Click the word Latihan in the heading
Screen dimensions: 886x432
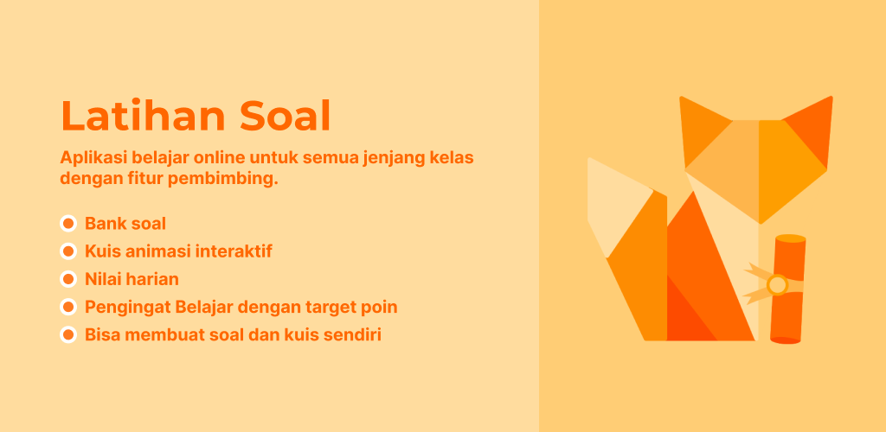click(x=144, y=116)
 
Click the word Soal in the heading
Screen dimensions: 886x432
click(x=285, y=116)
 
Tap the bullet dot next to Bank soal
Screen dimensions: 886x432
click(x=68, y=224)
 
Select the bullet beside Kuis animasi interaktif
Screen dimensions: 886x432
click(x=68, y=251)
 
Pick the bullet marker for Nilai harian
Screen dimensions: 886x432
click(x=68, y=279)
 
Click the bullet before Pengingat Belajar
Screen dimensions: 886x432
click(x=68, y=308)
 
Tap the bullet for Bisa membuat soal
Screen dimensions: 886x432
click(x=68, y=335)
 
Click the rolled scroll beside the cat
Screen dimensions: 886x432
click(x=787, y=289)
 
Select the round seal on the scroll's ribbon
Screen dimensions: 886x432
click(x=778, y=284)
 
